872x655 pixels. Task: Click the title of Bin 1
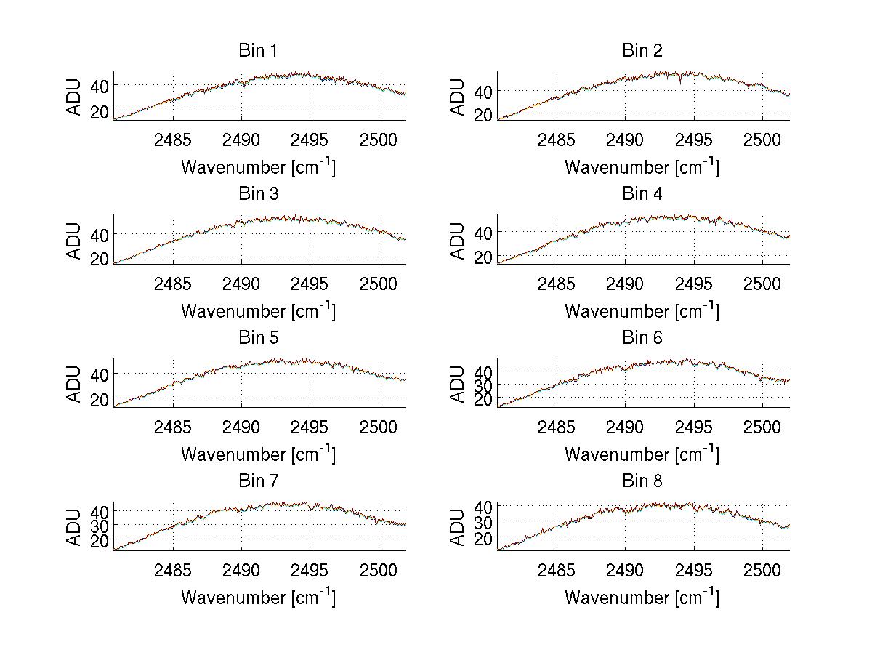click(x=258, y=51)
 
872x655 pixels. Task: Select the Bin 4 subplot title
click(x=642, y=194)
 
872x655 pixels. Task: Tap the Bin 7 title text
click(x=258, y=481)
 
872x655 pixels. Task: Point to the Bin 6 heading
click(x=642, y=338)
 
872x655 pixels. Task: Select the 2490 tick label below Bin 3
click(x=241, y=283)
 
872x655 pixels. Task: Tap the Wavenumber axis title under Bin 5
click(x=258, y=454)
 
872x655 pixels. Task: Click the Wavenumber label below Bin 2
click(x=642, y=167)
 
